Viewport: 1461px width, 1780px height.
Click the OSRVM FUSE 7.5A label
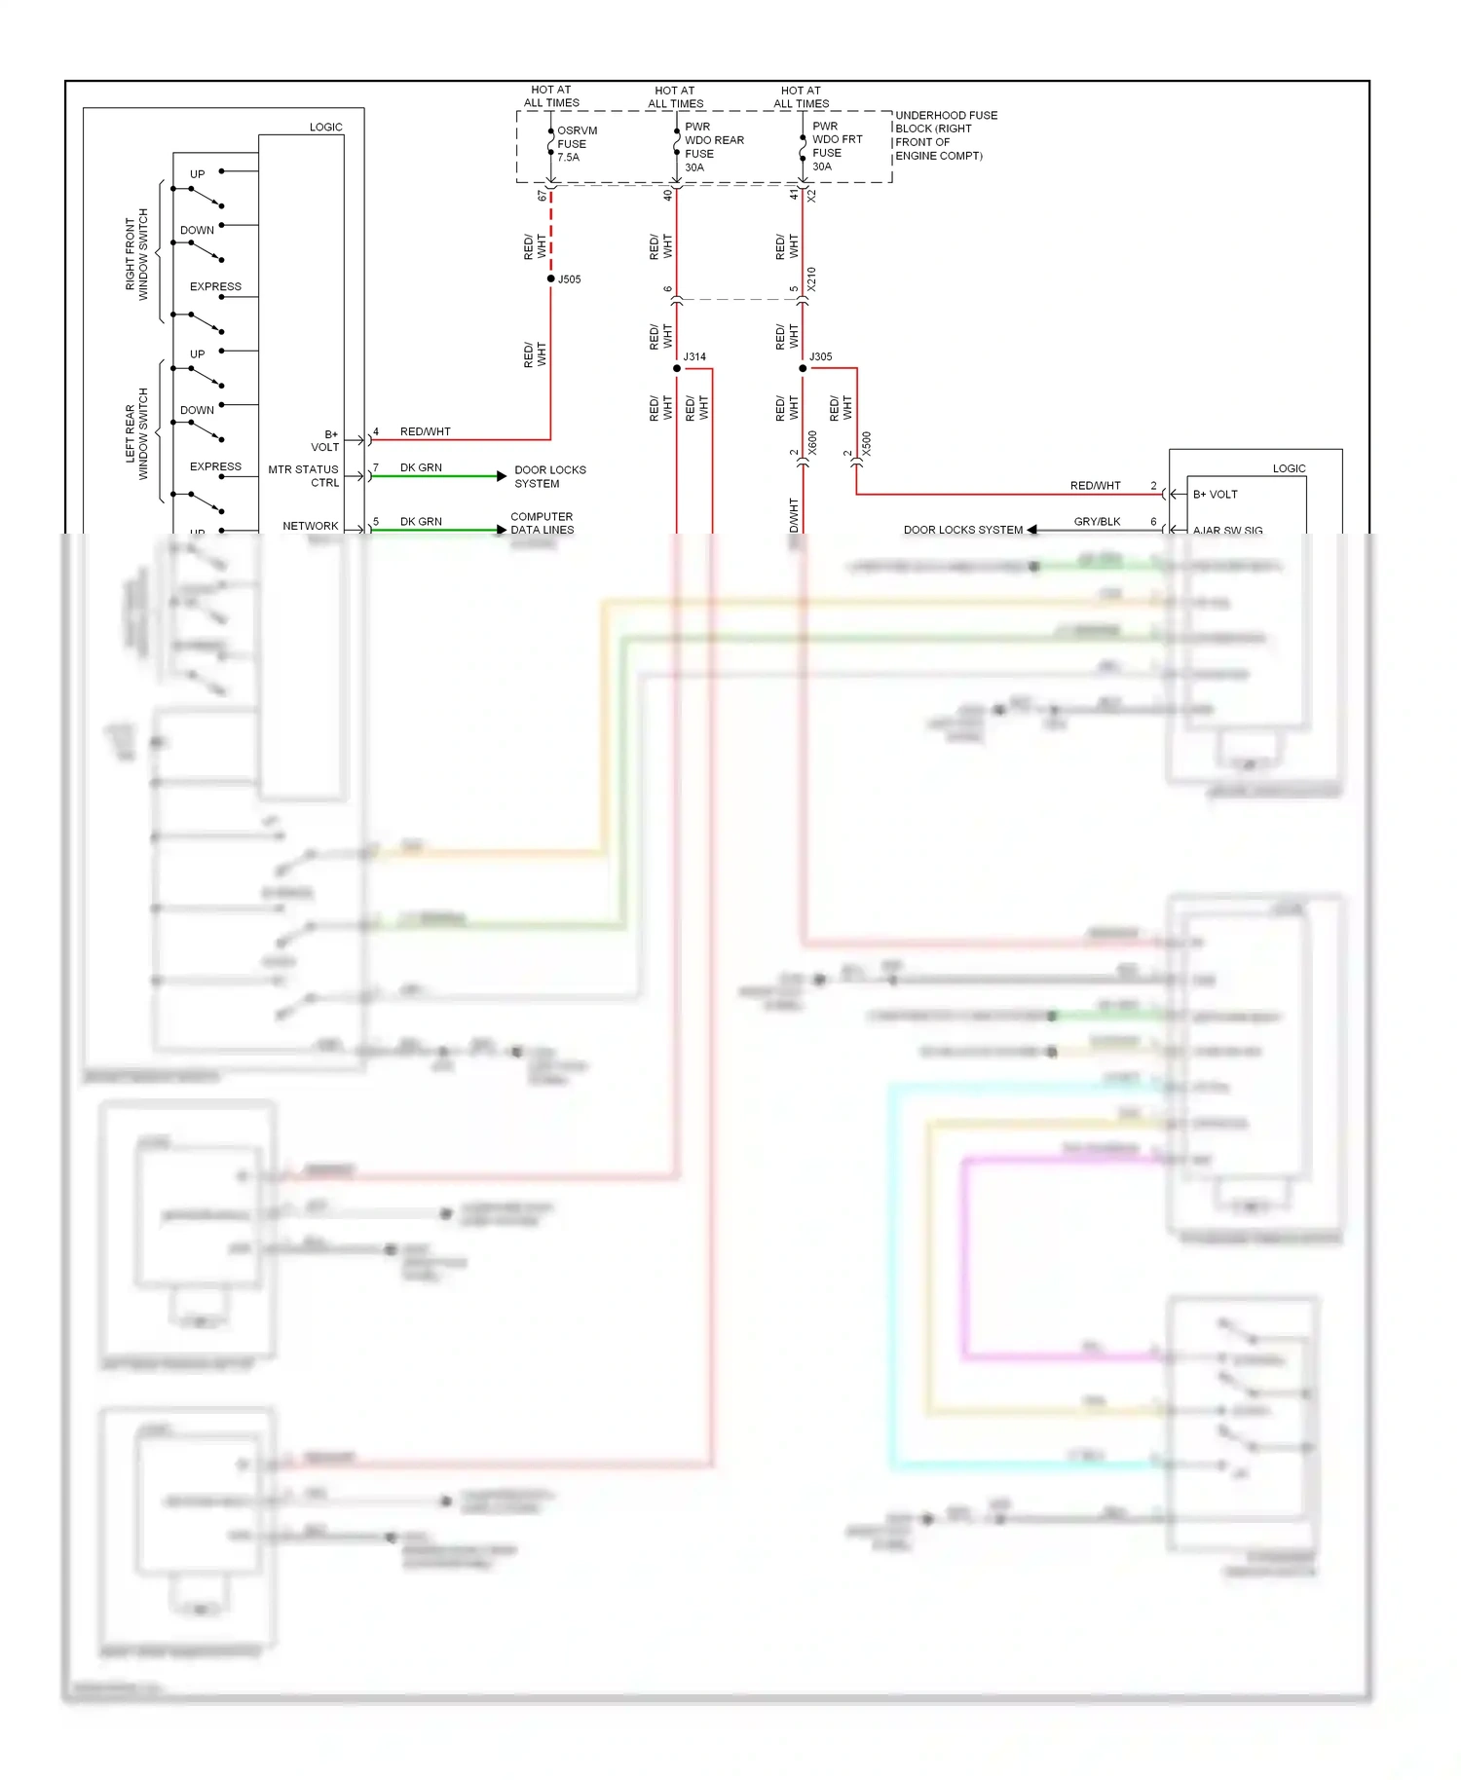tap(577, 144)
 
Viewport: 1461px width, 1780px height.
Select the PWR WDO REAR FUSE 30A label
tap(713, 147)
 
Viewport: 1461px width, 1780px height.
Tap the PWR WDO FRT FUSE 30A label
tap(837, 146)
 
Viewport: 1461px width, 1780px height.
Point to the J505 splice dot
tap(551, 279)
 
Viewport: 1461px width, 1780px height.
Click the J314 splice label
tap(694, 357)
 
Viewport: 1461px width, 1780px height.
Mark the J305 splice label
tap(821, 357)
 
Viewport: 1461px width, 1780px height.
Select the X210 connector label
tap(811, 279)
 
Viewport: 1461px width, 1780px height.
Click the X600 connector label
tap(812, 444)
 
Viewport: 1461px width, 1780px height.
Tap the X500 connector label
tap(867, 444)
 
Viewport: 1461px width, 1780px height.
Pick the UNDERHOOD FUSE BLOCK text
tap(946, 135)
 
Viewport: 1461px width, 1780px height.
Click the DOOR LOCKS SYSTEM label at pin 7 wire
tap(550, 477)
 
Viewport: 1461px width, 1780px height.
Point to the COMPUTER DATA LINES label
tap(542, 524)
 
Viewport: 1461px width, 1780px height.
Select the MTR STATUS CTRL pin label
tap(304, 476)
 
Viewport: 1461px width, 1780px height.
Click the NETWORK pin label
tap(311, 526)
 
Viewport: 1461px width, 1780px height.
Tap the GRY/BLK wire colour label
tap(1097, 522)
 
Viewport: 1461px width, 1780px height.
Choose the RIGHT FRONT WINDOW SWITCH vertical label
tap(136, 254)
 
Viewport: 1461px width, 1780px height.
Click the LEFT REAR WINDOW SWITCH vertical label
tap(136, 434)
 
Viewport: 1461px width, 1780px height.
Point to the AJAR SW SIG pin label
tap(1227, 531)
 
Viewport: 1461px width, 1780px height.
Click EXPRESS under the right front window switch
tap(215, 287)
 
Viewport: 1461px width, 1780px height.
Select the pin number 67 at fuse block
tap(543, 196)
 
